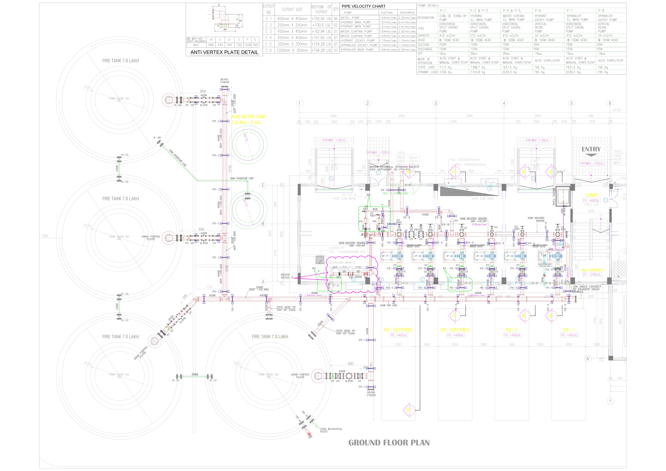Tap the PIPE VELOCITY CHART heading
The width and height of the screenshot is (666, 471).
pyautogui.click(x=363, y=6)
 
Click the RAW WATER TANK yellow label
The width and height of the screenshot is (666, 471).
pyautogui.click(x=248, y=117)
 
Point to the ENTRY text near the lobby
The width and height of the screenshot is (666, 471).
pyautogui.click(x=591, y=149)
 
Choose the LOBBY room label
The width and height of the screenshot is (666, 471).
pyautogui.click(x=591, y=195)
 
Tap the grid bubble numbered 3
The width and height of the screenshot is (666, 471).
pyautogui.click(x=435, y=103)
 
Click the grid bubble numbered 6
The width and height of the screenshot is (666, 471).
pyautogui.click(x=610, y=103)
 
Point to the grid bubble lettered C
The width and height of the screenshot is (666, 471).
pyautogui.click(x=263, y=185)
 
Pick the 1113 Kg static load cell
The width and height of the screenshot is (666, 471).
pyautogui.click(x=446, y=67)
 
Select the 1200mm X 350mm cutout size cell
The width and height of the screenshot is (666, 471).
pyautogui.click(x=292, y=50)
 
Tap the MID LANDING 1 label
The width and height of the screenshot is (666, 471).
pyautogui.click(x=592, y=270)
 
